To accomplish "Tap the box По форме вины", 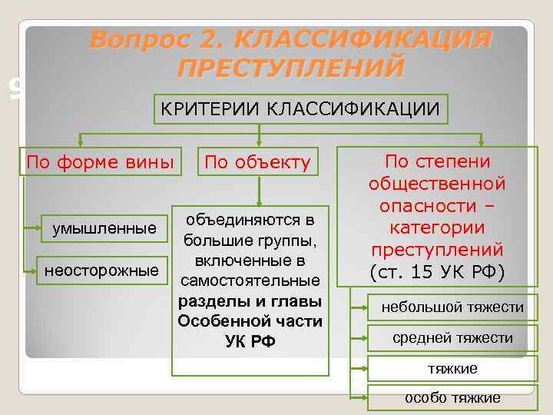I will (100, 162).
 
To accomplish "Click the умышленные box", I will (104, 228).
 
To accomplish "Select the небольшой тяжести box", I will (452, 307).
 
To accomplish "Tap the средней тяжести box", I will (452, 338).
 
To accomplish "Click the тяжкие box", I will (452, 369).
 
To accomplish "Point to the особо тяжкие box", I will (452, 397).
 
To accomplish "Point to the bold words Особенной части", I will (249, 321).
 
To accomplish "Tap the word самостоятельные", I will (249, 281).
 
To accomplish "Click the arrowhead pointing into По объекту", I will (260, 143).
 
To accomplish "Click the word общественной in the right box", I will (436, 184).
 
